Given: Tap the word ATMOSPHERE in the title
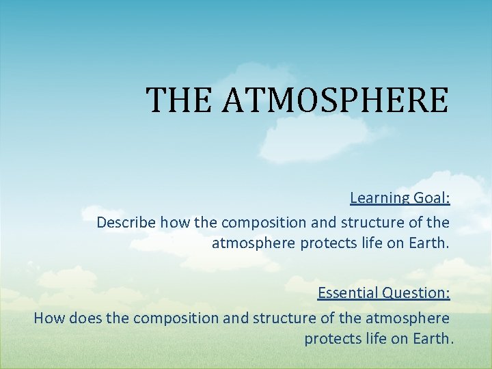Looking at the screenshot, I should pos(336,100).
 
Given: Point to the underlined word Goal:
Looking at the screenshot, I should pos(431,198).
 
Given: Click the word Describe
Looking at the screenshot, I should pos(126,223).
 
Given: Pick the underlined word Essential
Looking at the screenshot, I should pos(348,293).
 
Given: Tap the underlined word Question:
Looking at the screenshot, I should pos(415,293).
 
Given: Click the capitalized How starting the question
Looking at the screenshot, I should pos(48,318).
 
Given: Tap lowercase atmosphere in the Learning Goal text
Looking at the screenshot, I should pos(254,243).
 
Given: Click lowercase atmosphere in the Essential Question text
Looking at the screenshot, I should pos(408,318).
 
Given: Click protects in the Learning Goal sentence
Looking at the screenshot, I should pos(326,243).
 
